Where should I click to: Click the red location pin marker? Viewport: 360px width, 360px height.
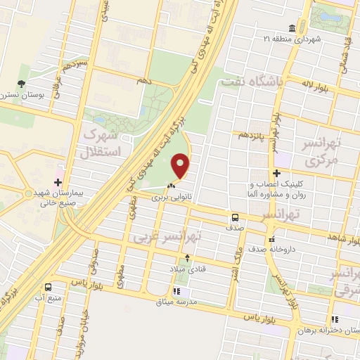point(181,167)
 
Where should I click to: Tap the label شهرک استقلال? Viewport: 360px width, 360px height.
point(107,141)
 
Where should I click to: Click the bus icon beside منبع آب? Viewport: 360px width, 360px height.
point(48,287)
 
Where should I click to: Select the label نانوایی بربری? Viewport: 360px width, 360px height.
point(172,198)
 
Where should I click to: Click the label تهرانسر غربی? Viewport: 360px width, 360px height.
point(167,237)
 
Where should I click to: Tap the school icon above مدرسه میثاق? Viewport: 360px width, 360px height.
point(176,291)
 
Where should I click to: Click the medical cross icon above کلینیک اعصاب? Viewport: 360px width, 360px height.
point(276,173)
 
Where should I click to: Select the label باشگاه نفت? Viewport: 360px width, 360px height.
point(252,82)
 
